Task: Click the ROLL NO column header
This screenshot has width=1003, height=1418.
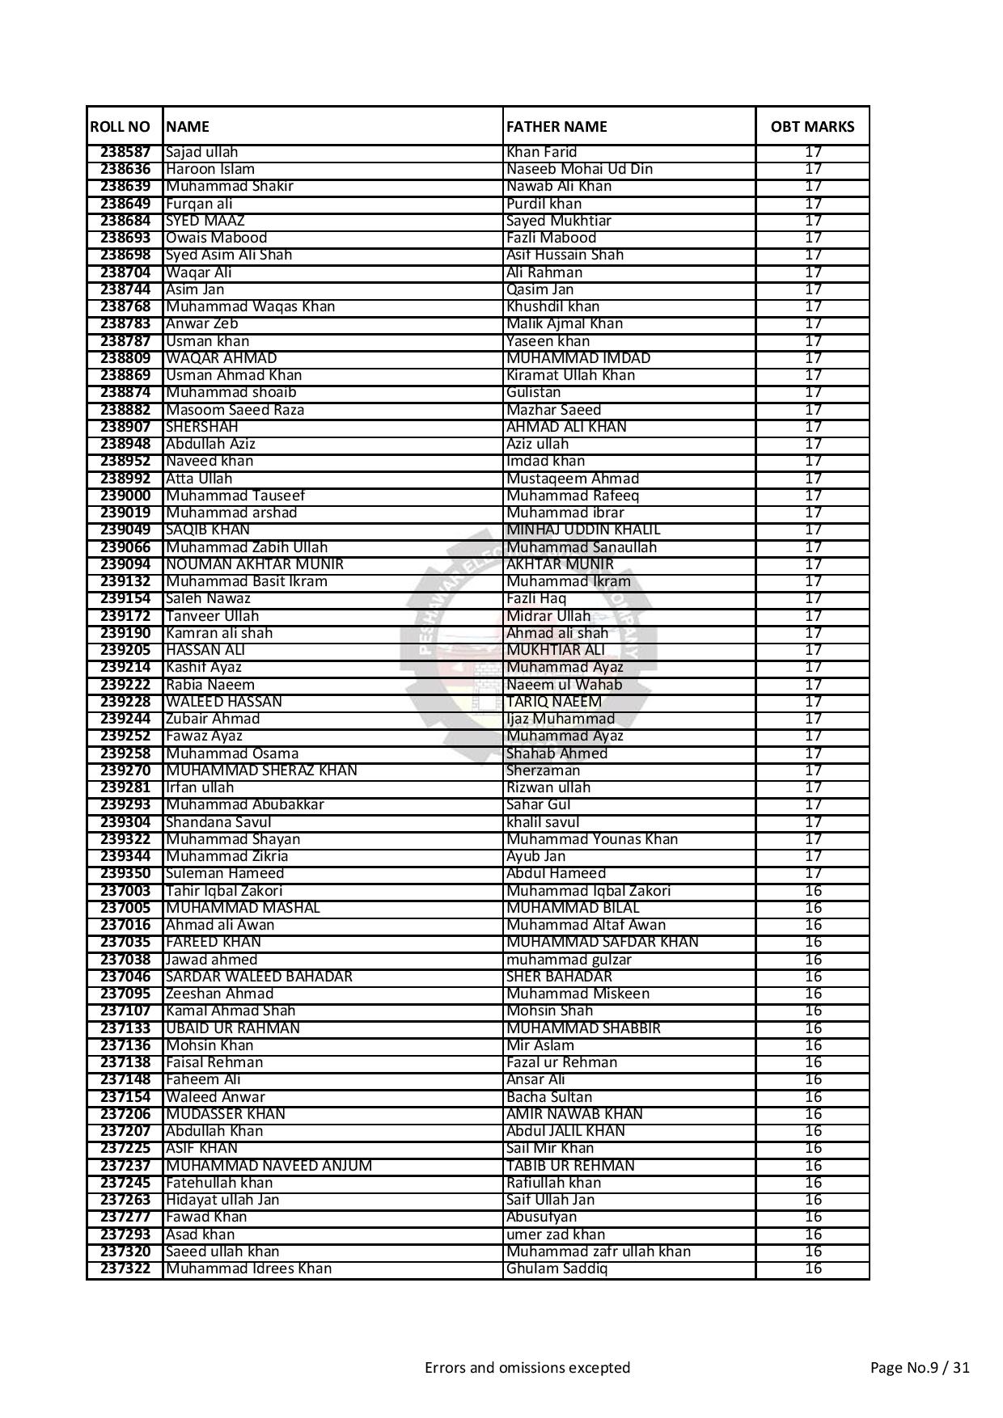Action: tap(121, 127)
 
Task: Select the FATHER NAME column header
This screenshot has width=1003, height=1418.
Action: tap(557, 127)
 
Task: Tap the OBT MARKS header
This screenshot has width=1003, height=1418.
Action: tap(812, 127)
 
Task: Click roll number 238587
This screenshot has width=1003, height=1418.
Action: tap(125, 152)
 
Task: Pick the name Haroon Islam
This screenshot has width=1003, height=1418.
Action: tap(210, 169)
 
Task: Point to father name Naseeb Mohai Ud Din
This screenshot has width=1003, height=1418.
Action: tap(579, 169)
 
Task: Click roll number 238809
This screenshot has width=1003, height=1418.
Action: tap(125, 358)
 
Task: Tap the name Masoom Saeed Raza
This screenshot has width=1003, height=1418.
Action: tap(235, 410)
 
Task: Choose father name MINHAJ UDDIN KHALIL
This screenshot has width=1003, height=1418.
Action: tap(583, 530)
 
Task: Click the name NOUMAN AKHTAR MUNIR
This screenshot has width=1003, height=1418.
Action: tap(255, 564)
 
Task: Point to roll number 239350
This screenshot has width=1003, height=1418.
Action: tap(125, 873)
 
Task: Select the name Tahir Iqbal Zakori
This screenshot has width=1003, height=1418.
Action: tap(224, 891)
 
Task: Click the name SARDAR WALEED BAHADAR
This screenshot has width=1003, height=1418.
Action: tap(259, 977)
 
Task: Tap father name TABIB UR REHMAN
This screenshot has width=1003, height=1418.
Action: tap(570, 1166)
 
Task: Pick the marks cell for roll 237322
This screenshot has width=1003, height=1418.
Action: tap(813, 1268)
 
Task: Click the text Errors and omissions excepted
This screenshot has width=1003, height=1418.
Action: tap(527, 1368)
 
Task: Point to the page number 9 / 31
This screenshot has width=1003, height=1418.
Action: tap(920, 1368)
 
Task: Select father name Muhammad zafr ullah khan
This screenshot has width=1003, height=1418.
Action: tap(599, 1251)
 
